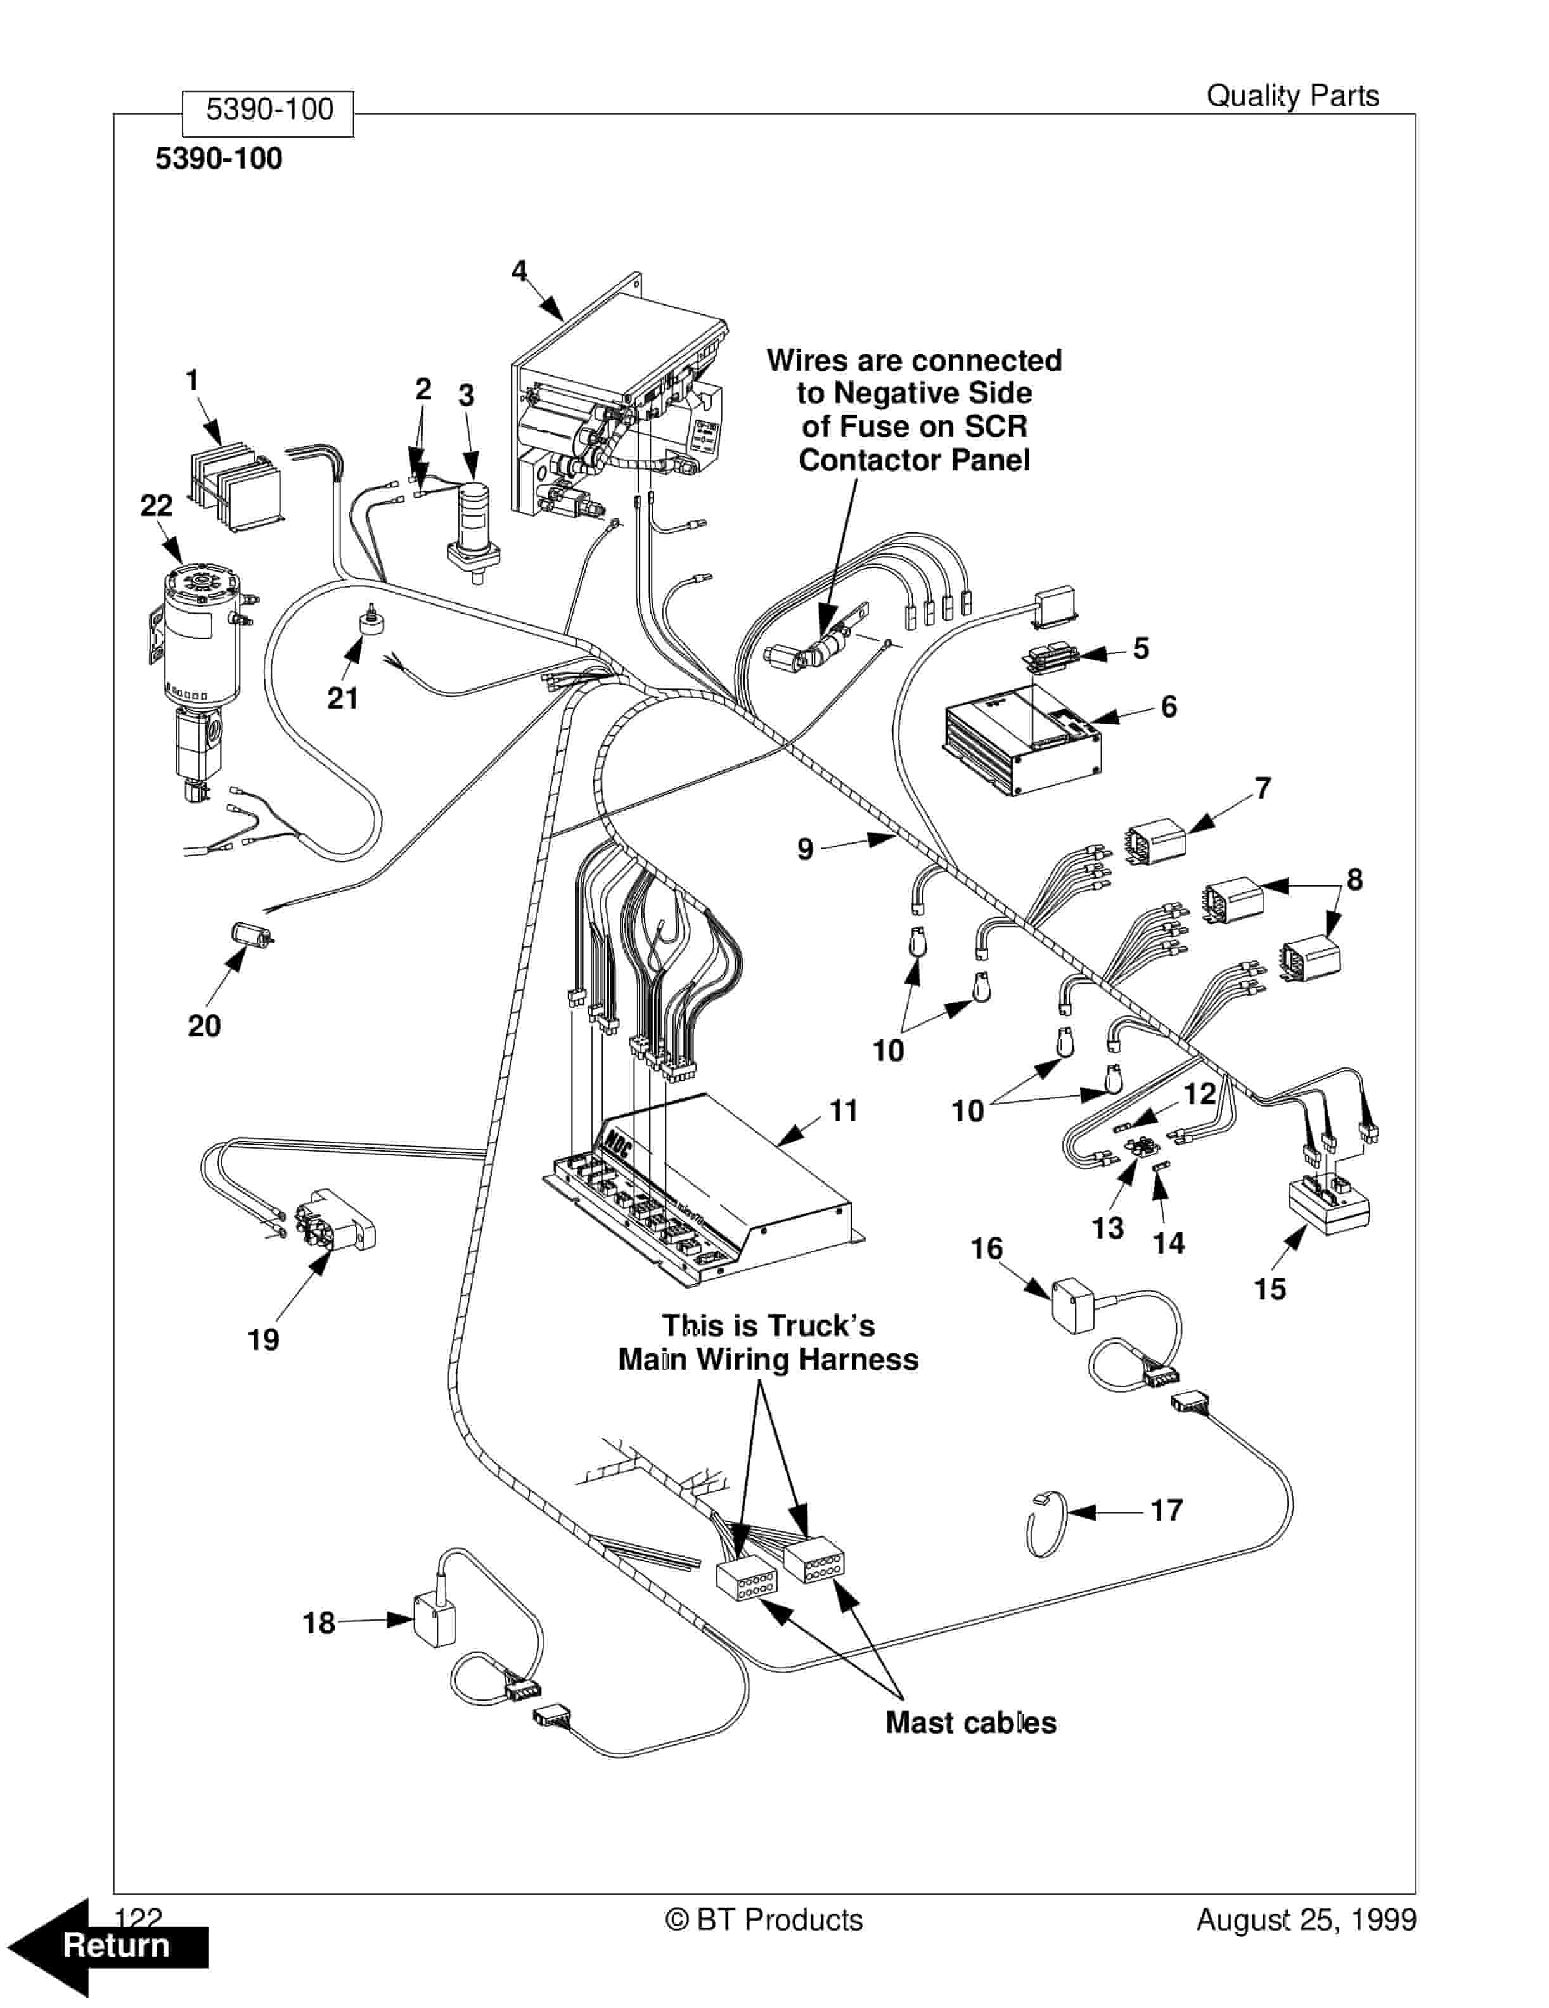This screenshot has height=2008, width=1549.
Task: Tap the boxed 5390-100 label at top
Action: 269,110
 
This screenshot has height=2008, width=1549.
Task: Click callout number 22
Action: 157,506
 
